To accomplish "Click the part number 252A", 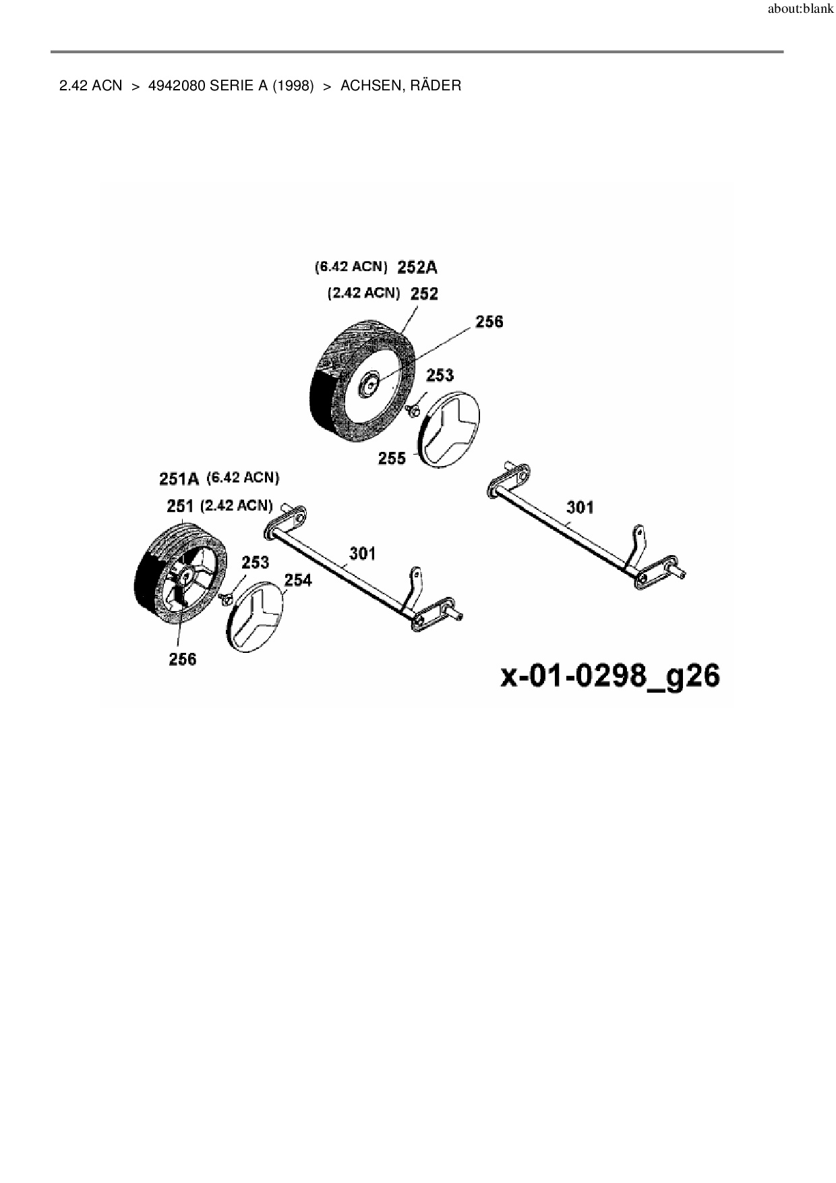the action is coord(417,268).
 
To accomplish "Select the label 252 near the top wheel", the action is coord(424,294).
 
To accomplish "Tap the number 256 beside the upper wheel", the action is coord(489,322).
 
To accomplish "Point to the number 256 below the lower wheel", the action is coord(182,659).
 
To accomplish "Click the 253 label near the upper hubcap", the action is coord(440,375).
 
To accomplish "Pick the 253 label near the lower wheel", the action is coord(255,562).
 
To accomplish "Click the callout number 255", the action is coord(392,459).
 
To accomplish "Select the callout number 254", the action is coord(298,580).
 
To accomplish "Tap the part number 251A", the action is coord(179,479).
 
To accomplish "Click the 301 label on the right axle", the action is coord(580,507).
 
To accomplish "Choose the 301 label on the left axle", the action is coord(362,554).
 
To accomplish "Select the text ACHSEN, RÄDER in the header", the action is coord(400,86).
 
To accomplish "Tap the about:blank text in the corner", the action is coord(800,10).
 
